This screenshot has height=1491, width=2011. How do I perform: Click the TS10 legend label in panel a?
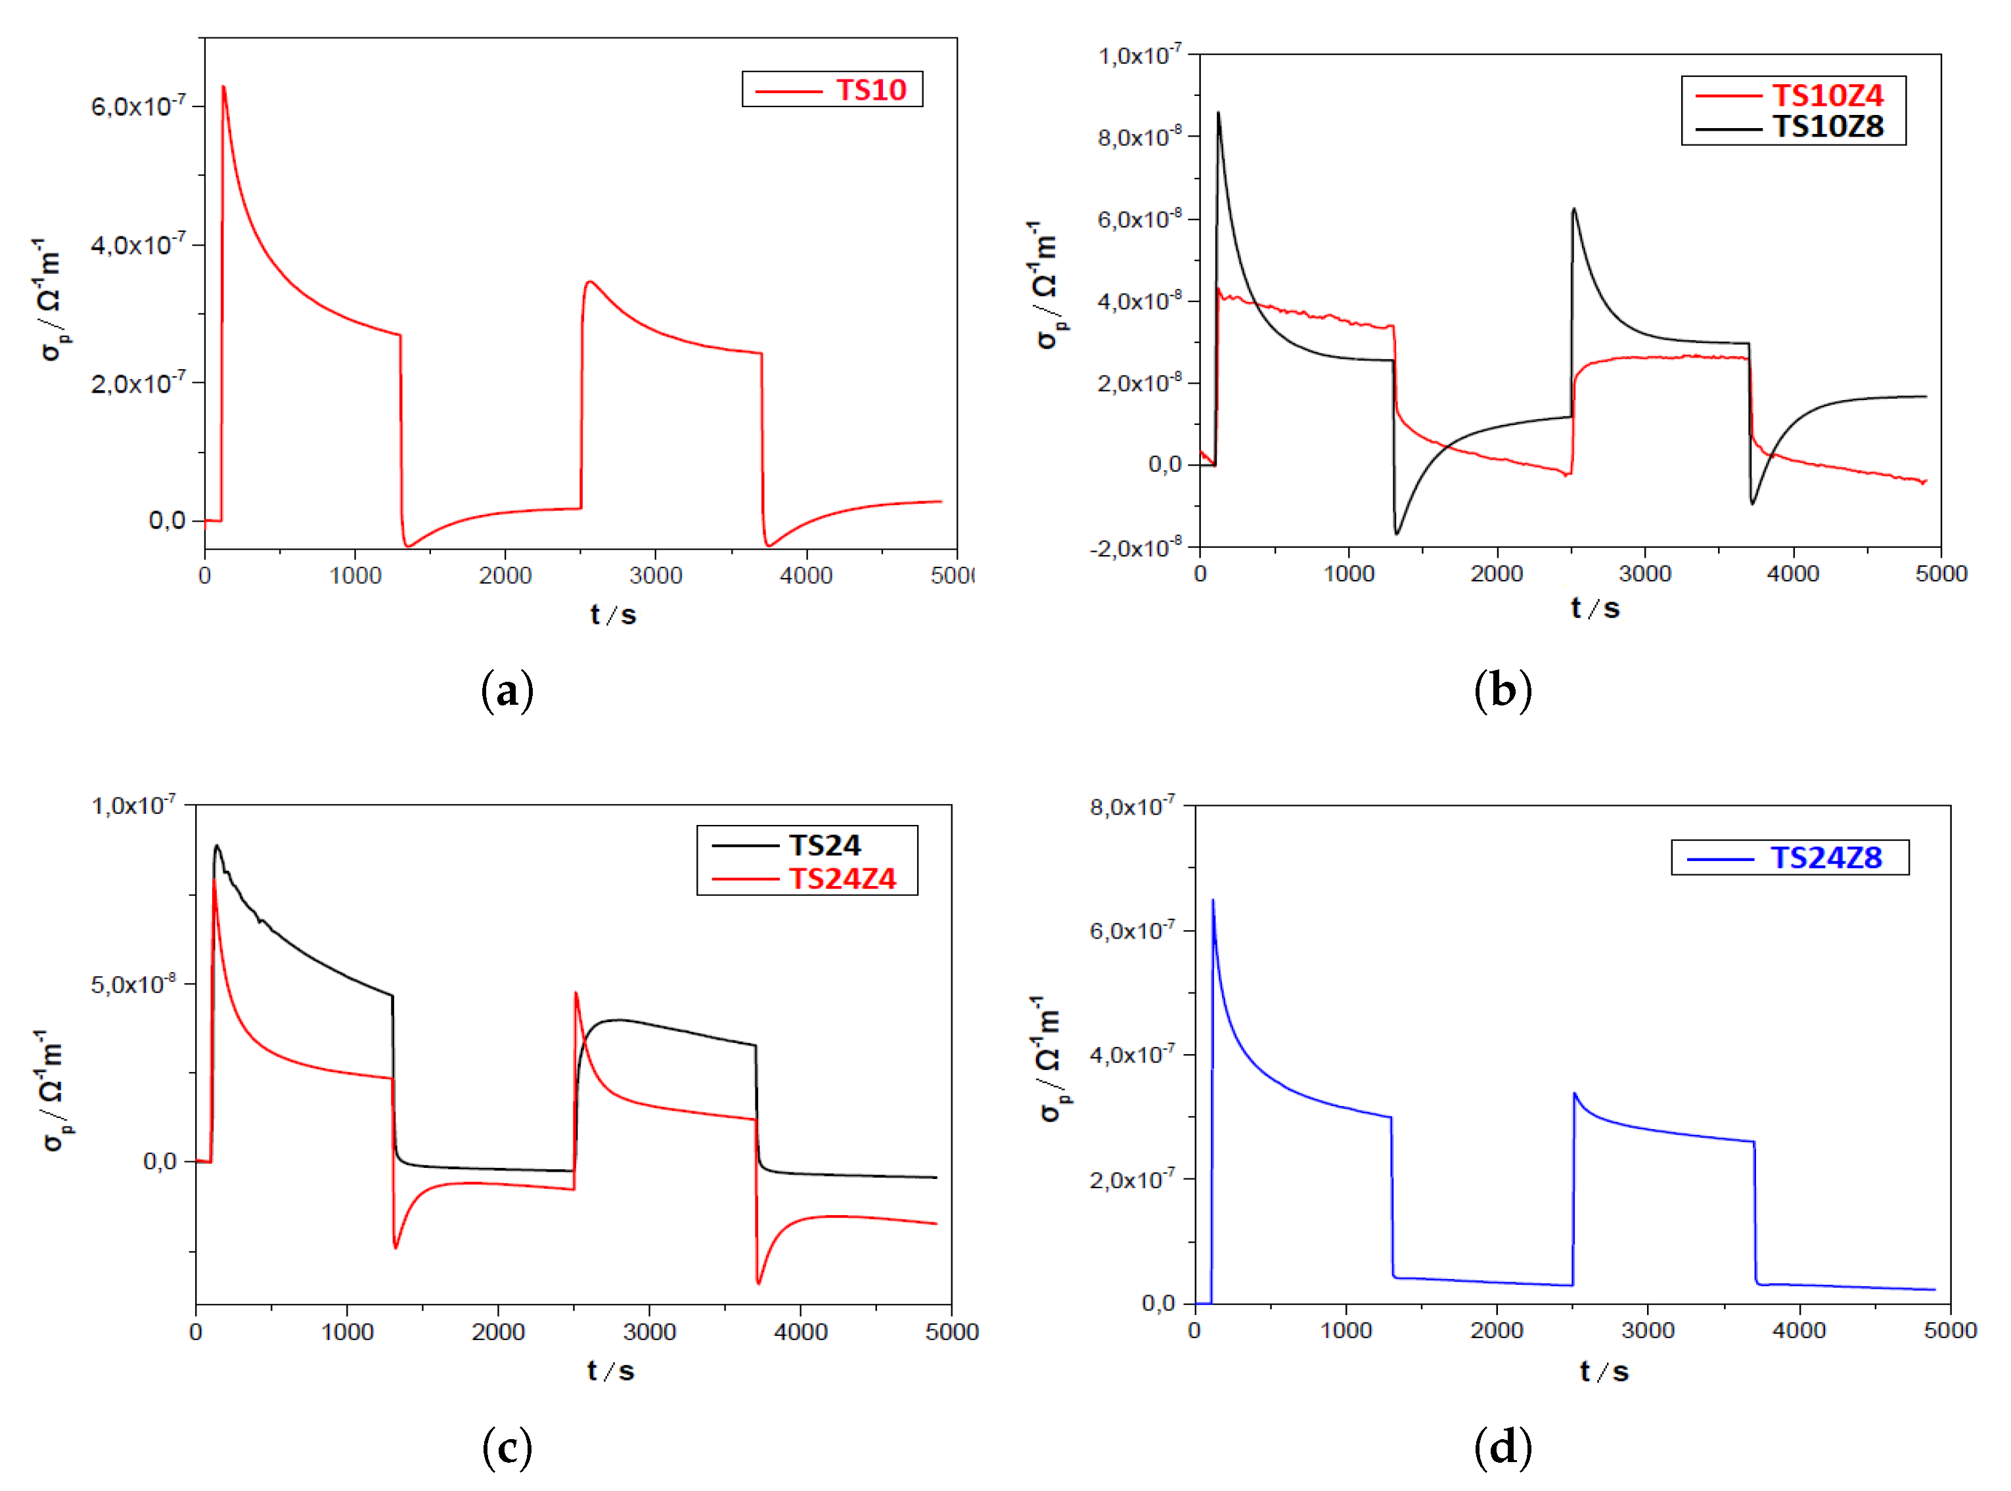pyautogui.click(x=870, y=89)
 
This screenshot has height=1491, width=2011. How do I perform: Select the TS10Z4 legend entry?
pyautogui.click(x=1827, y=95)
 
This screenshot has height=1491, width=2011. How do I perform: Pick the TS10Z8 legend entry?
pyautogui.click(x=1827, y=126)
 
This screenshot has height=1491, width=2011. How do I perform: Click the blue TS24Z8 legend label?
pyautogui.click(x=1825, y=857)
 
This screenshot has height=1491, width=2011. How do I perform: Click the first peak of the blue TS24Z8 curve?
pyautogui.click(x=1212, y=900)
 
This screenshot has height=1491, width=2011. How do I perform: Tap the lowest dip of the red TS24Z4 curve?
pyautogui.click(x=758, y=1283)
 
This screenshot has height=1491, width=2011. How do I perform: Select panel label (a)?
pyautogui.click(x=507, y=690)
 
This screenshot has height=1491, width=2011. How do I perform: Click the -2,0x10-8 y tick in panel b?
pyautogui.click(x=1135, y=548)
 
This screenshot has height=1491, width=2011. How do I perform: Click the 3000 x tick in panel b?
pyautogui.click(x=1644, y=574)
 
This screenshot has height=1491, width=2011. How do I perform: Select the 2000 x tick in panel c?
pyautogui.click(x=497, y=1332)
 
